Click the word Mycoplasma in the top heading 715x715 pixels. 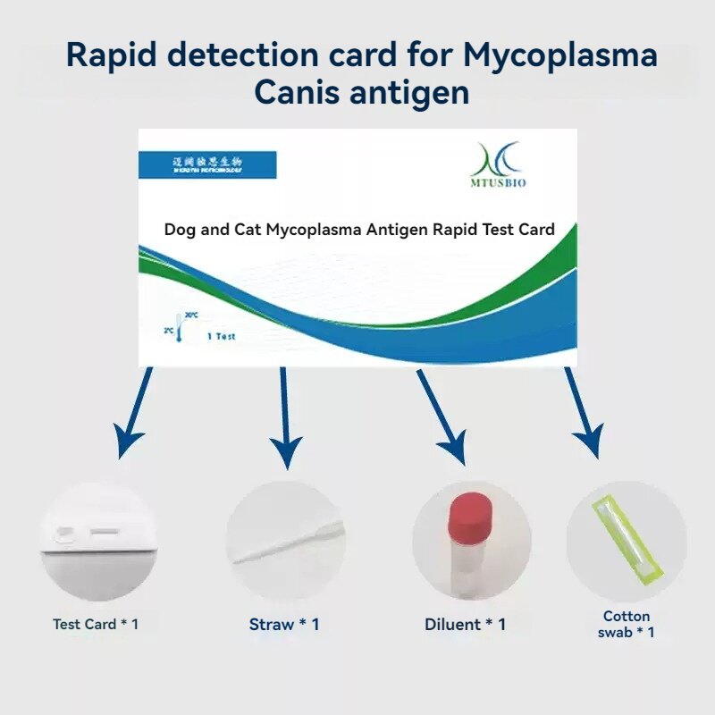[560, 55]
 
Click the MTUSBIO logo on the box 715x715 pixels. [500, 164]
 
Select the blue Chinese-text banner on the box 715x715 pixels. [207, 164]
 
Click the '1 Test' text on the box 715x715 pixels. [222, 336]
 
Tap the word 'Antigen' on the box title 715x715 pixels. [397, 229]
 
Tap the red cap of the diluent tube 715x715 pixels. [472, 516]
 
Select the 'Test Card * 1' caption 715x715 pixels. [96, 624]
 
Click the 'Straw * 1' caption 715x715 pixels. [284, 625]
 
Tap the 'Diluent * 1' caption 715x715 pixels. [465, 625]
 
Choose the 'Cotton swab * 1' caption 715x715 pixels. [627, 624]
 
